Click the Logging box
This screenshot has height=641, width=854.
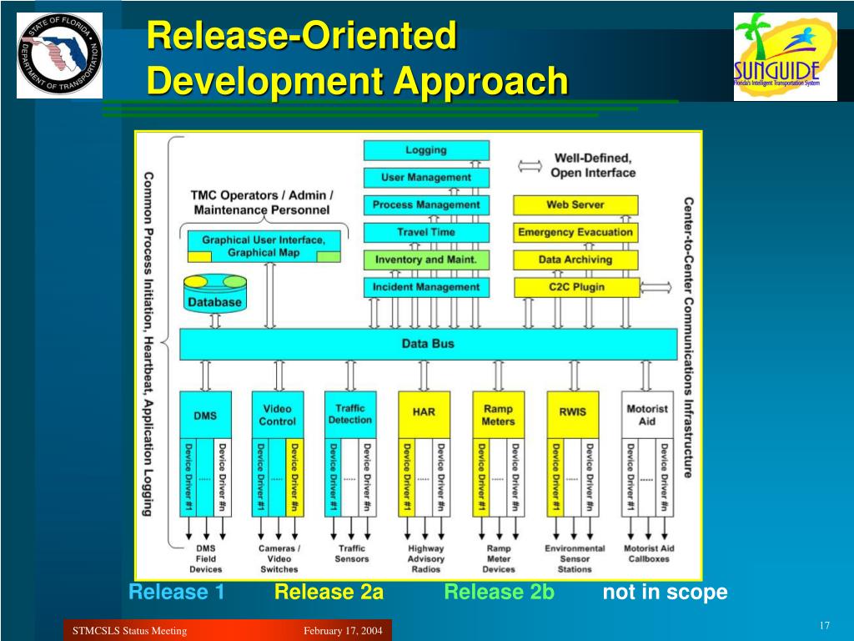click(426, 150)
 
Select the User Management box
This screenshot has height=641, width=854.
click(426, 177)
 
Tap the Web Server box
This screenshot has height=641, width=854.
click(575, 204)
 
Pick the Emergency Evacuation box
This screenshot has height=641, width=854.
click(575, 232)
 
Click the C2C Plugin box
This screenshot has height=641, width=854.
click(575, 287)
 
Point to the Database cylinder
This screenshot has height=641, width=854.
click(213, 295)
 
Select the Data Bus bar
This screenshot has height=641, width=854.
click(428, 344)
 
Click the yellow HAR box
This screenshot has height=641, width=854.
click(424, 413)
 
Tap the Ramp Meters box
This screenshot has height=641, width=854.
click(498, 415)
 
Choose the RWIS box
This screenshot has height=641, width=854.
click(572, 413)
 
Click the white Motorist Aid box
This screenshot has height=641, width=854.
click(647, 415)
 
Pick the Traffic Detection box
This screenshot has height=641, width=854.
click(350, 414)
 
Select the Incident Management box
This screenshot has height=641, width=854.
click(426, 287)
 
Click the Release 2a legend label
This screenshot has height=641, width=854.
click(329, 593)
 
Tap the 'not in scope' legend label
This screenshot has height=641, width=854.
click(665, 593)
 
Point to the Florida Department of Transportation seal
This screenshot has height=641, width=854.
click(59, 55)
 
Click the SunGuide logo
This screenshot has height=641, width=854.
click(785, 56)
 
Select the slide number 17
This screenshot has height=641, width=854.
click(824, 627)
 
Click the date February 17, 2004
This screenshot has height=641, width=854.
click(343, 631)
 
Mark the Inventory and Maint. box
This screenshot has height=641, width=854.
click(426, 260)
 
